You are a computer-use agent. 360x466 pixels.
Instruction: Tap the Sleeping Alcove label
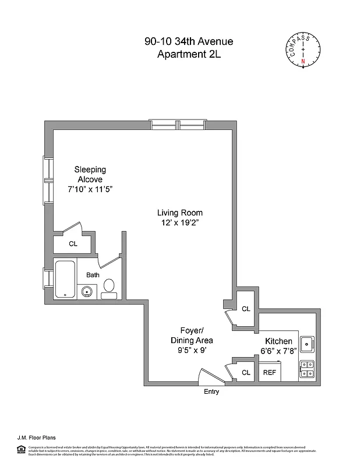click(x=90, y=174)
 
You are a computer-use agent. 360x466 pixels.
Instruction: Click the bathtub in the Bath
click(x=66, y=279)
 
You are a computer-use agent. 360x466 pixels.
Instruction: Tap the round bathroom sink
click(x=87, y=292)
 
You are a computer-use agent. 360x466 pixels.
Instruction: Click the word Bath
click(x=93, y=275)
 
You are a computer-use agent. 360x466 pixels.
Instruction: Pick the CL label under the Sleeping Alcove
click(x=73, y=244)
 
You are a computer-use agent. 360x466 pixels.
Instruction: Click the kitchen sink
click(x=307, y=344)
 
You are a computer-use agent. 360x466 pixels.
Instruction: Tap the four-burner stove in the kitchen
click(x=307, y=369)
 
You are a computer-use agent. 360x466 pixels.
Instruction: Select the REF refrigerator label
click(x=269, y=372)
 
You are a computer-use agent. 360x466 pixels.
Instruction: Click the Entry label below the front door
click(x=211, y=391)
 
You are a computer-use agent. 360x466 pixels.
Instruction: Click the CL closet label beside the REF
click(x=246, y=372)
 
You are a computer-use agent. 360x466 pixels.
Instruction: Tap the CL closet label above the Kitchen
click(x=246, y=309)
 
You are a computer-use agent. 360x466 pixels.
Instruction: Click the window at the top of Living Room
click(x=178, y=124)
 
